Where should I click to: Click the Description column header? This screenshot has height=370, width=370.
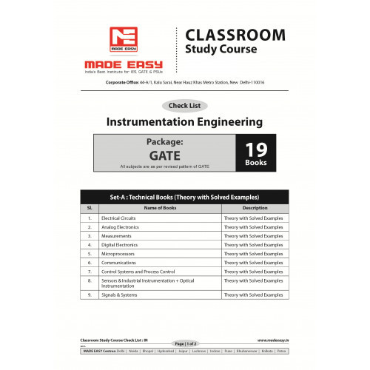pos(255,209)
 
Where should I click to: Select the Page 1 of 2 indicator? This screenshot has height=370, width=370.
pos(184,344)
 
